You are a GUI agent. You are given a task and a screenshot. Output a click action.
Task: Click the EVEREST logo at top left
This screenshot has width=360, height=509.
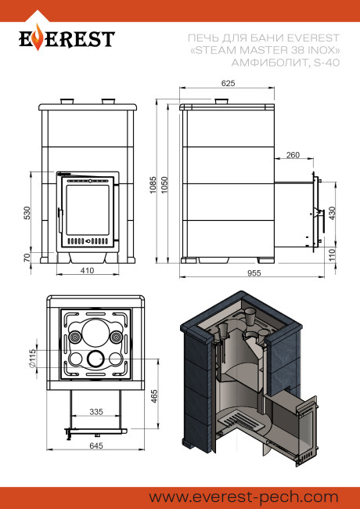tap(66, 38)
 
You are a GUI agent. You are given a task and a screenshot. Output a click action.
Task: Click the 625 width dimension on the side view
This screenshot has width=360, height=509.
tap(229, 82)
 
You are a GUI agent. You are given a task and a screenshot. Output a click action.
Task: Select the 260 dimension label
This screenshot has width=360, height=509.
tap(293, 155)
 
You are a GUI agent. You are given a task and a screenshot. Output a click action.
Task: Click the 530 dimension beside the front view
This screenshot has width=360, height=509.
tap(27, 212)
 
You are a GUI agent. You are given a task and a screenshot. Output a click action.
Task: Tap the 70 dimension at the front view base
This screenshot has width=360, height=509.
tap(27, 257)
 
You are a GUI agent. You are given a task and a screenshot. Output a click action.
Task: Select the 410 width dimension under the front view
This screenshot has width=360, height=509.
tap(87, 271)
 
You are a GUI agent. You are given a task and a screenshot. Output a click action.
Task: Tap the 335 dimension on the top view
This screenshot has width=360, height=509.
tap(95, 411)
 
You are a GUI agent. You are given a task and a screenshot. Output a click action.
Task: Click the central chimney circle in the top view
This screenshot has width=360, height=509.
tap(95, 359)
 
